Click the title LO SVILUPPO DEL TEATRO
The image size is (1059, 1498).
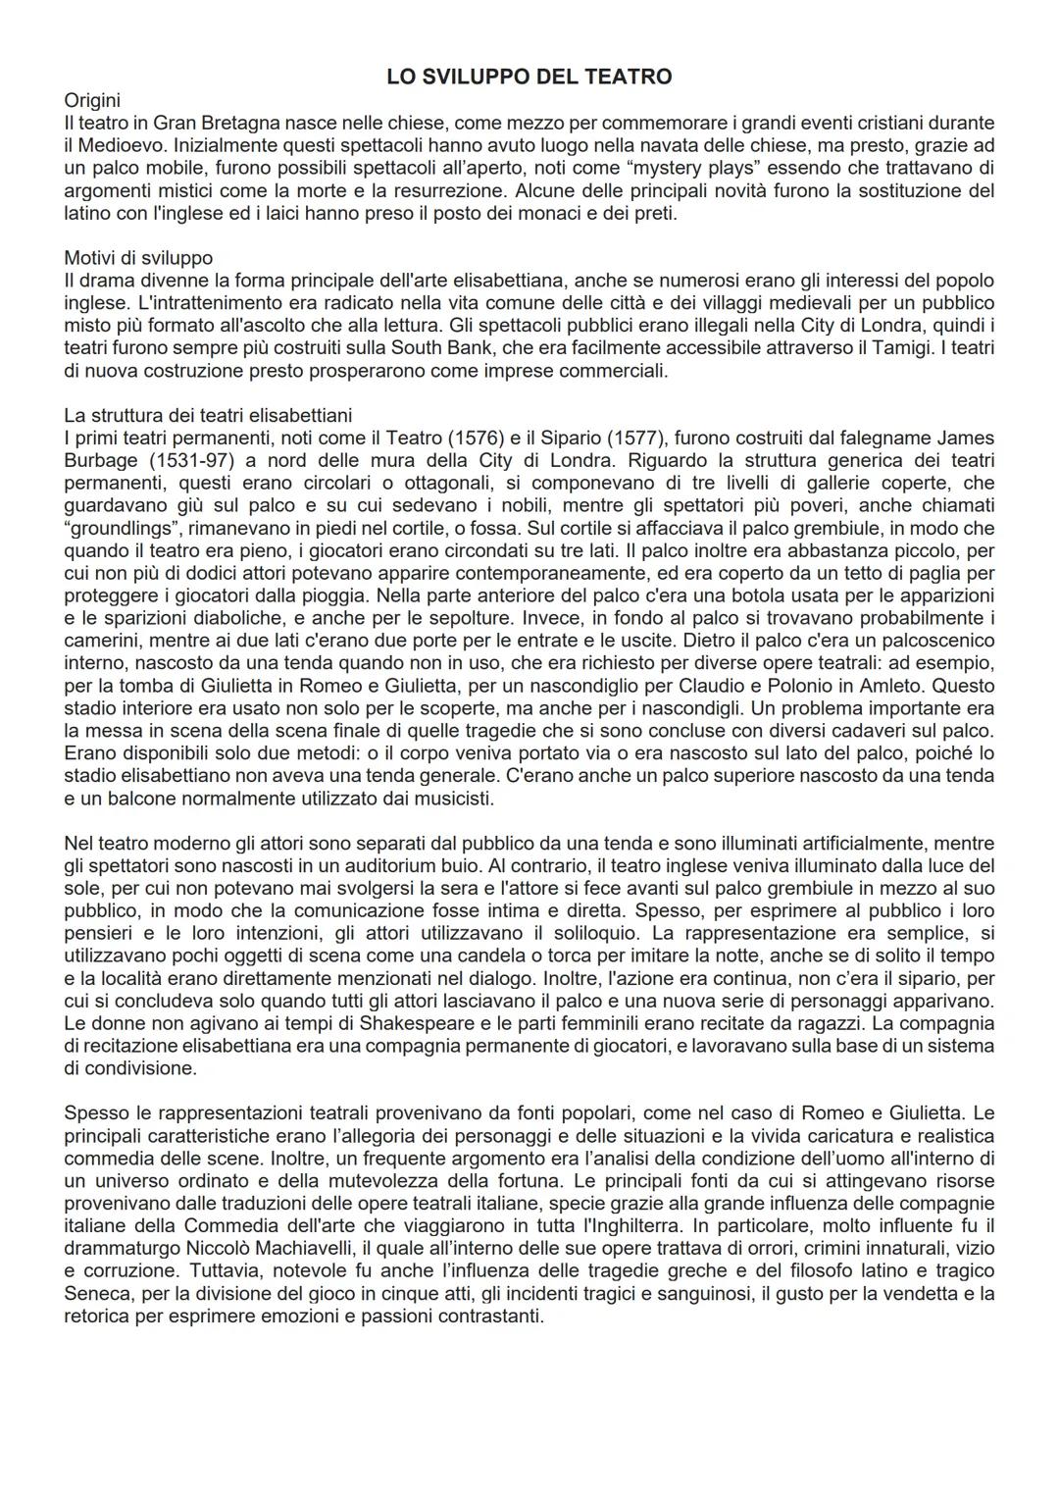529,77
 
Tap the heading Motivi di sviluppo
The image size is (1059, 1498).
138,258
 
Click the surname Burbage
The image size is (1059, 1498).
101,460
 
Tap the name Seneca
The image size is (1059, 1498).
96,1293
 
